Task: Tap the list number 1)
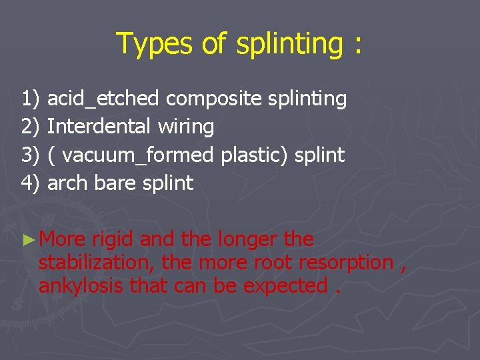click(31, 99)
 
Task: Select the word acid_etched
click(103, 99)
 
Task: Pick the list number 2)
click(31, 127)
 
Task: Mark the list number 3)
click(31, 155)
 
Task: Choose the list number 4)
click(31, 183)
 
